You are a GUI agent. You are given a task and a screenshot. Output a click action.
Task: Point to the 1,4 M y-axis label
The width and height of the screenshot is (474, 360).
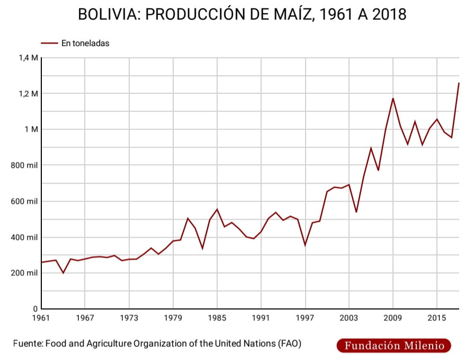[x=29, y=58]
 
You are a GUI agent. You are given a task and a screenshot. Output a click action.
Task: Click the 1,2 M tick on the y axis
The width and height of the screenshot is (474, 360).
[x=29, y=94]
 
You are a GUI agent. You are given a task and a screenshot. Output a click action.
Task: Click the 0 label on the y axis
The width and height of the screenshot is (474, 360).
[x=35, y=309]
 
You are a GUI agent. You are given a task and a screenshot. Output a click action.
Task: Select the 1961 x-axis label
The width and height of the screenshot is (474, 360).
[x=41, y=318]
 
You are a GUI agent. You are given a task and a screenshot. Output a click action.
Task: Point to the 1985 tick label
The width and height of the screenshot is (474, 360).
[x=217, y=318]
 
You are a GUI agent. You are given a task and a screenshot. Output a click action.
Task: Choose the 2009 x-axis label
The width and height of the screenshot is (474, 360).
[x=393, y=318]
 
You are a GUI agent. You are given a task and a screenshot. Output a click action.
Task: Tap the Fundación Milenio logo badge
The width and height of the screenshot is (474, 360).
[x=393, y=346]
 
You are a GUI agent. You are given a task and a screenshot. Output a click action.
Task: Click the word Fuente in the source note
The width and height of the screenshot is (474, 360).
[x=27, y=344]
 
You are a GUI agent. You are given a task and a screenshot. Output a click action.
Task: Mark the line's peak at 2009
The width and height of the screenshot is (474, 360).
[x=393, y=98]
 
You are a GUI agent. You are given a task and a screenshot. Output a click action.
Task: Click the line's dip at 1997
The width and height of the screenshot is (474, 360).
[x=305, y=245]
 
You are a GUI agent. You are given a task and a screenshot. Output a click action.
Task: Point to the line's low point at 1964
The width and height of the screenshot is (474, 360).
[x=64, y=273]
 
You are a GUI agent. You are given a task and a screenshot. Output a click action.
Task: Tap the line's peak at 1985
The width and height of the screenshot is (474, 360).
[x=217, y=209]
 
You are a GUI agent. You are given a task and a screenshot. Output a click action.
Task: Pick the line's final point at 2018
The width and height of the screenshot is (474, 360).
[x=459, y=83]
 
